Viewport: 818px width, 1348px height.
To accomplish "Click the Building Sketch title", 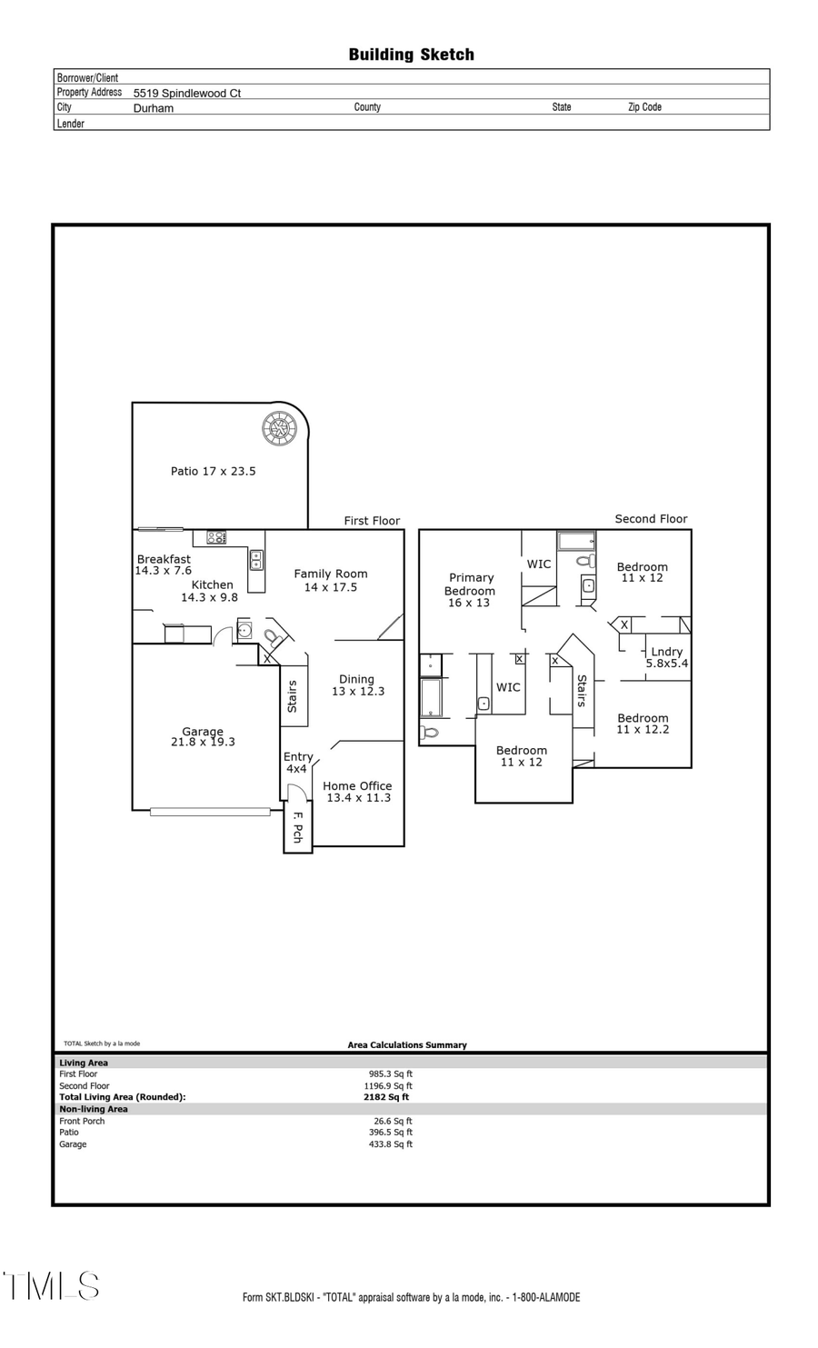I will [x=411, y=55].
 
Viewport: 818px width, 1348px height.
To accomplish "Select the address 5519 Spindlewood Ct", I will [x=186, y=93].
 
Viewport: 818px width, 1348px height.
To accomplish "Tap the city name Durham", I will [x=153, y=107].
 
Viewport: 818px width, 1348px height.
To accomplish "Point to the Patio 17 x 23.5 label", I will [x=213, y=471].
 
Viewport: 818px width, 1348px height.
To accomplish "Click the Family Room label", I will [x=331, y=580].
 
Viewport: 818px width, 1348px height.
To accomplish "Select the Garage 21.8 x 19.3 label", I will [x=203, y=736].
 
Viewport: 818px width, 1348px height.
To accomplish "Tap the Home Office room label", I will [x=358, y=792].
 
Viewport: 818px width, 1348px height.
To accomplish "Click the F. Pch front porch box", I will [x=297, y=827].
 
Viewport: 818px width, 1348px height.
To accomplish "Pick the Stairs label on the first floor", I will [x=293, y=696].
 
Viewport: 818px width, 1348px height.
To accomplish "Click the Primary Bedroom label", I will [x=470, y=590].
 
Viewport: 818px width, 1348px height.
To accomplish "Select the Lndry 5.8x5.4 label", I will [x=666, y=657].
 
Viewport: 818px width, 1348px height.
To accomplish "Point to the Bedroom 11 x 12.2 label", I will [x=643, y=724].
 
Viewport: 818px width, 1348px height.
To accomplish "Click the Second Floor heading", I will [x=651, y=519].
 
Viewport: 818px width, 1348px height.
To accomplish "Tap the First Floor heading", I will [x=372, y=521].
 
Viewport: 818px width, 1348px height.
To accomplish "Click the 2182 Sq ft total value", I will [x=386, y=1097].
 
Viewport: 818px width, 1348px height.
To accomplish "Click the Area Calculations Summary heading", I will [x=407, y=1045].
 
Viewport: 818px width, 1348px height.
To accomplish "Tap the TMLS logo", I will [x=51, y=1286].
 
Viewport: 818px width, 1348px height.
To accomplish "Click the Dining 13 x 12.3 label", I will [x=357, y=685].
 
